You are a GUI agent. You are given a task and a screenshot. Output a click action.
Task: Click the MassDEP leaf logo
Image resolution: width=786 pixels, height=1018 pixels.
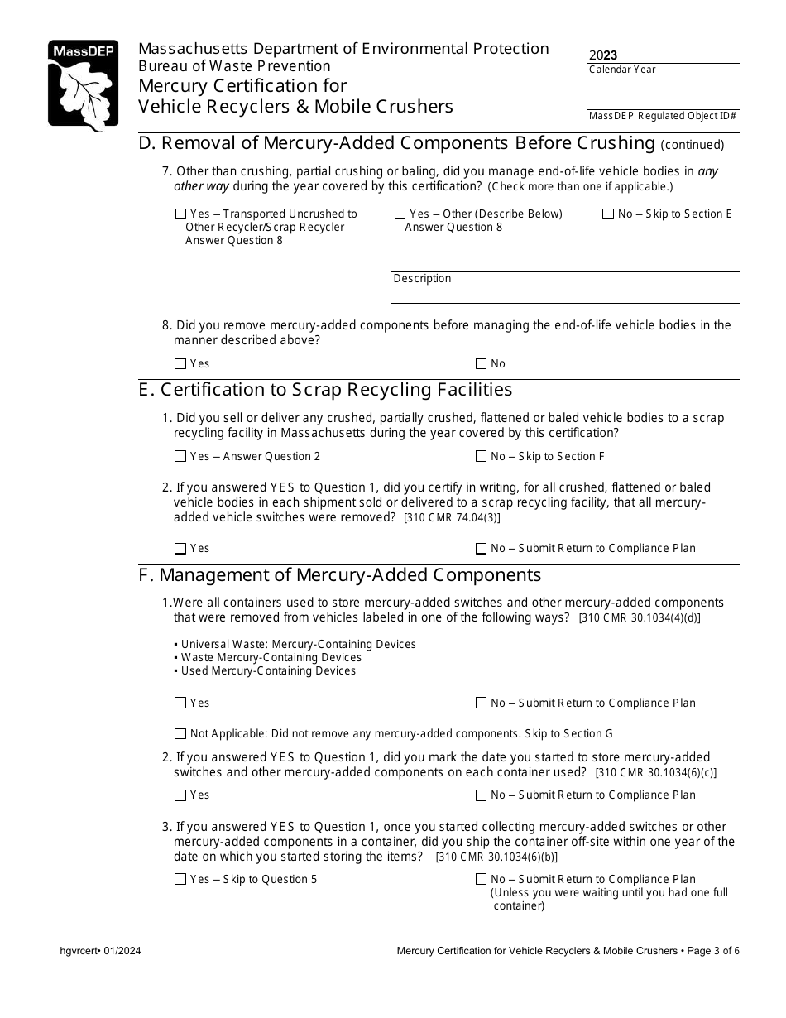tap(83, 86)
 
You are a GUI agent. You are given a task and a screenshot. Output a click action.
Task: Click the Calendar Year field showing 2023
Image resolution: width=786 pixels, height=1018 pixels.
tap(664, 55)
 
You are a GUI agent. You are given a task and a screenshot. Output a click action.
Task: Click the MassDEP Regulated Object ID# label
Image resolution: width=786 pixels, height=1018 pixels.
tap(663, 116)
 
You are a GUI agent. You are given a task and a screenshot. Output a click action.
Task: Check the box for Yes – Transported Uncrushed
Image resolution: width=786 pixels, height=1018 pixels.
tap(180, 214)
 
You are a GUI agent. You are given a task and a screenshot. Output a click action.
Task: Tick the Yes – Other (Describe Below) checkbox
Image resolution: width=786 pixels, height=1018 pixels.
tap(400, 214)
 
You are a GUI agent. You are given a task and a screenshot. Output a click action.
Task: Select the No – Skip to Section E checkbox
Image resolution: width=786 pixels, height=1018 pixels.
tap(608, 214)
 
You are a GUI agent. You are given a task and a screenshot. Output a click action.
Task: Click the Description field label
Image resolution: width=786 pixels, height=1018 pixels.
tap(422, 279)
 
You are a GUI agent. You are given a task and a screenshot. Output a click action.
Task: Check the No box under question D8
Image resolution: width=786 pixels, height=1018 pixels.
tap(482, 363)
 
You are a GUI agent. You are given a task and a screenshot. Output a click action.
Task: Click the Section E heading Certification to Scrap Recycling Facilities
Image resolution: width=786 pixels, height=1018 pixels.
tap(325, 390)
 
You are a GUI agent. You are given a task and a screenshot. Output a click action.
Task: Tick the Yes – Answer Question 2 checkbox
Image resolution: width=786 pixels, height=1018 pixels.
tap(180, 456)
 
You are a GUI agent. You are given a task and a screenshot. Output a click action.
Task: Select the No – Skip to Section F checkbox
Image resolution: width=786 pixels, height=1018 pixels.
tap(482, 456)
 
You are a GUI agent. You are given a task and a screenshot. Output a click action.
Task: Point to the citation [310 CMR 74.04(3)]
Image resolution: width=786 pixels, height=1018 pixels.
tap(452, 518)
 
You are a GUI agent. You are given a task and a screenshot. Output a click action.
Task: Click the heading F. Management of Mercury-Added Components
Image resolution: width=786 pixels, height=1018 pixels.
tap(339, 575)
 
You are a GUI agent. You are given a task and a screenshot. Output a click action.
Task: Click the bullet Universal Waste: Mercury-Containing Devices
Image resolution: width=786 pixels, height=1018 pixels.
tap(298, 644)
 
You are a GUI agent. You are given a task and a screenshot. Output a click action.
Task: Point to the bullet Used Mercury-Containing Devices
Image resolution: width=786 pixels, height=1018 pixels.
tap(267, 670)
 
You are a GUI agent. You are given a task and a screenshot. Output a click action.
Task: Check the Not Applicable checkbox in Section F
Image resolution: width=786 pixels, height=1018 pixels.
tap(180, 733)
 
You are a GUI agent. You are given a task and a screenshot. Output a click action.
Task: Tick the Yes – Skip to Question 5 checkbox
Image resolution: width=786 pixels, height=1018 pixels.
tap(180, 880)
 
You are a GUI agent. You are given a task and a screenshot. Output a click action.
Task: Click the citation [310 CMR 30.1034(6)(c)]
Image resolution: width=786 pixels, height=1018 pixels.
tap(656, 773)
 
